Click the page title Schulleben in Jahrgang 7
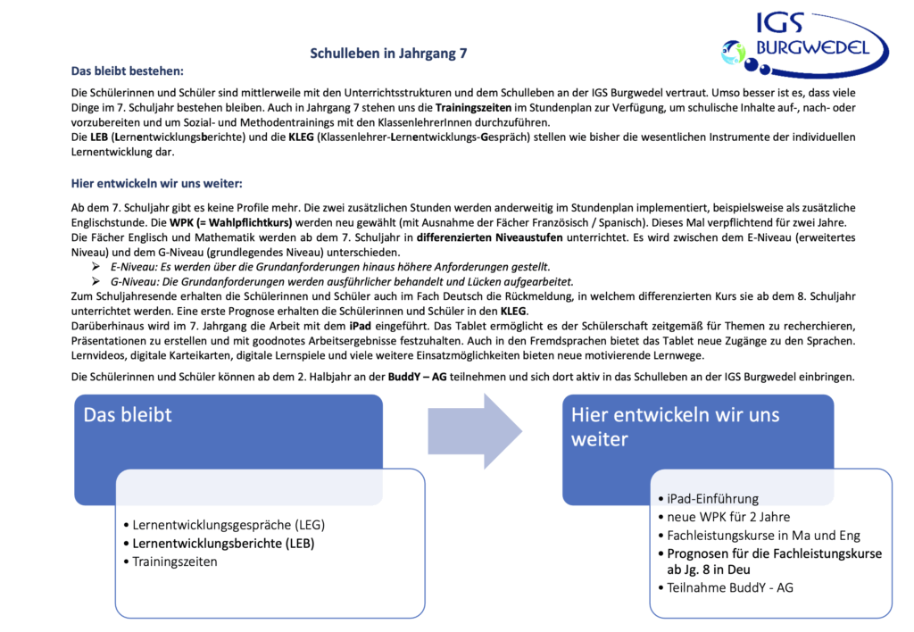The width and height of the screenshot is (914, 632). coord(388,54)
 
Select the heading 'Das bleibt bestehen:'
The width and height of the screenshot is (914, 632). coord(128,71)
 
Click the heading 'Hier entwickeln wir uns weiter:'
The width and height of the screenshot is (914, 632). coord(156,184)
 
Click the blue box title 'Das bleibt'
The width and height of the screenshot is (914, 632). coord(128,415)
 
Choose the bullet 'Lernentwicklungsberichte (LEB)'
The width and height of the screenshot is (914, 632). coord(223,543)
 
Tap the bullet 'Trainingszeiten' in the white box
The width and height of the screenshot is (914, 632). coord(174,561)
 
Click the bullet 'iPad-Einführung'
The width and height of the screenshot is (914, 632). coord(712,498)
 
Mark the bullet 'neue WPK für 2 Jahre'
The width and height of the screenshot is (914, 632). coord(728,517)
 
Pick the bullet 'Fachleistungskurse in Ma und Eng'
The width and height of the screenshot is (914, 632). coord(763,536)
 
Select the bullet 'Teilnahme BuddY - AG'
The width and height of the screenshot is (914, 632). coord(730,587)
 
